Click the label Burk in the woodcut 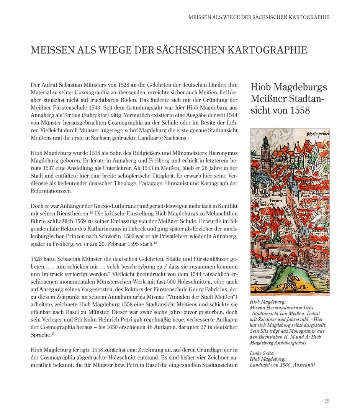coord(306,195)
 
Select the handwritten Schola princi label coord(317,134)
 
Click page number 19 coord(327,401)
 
